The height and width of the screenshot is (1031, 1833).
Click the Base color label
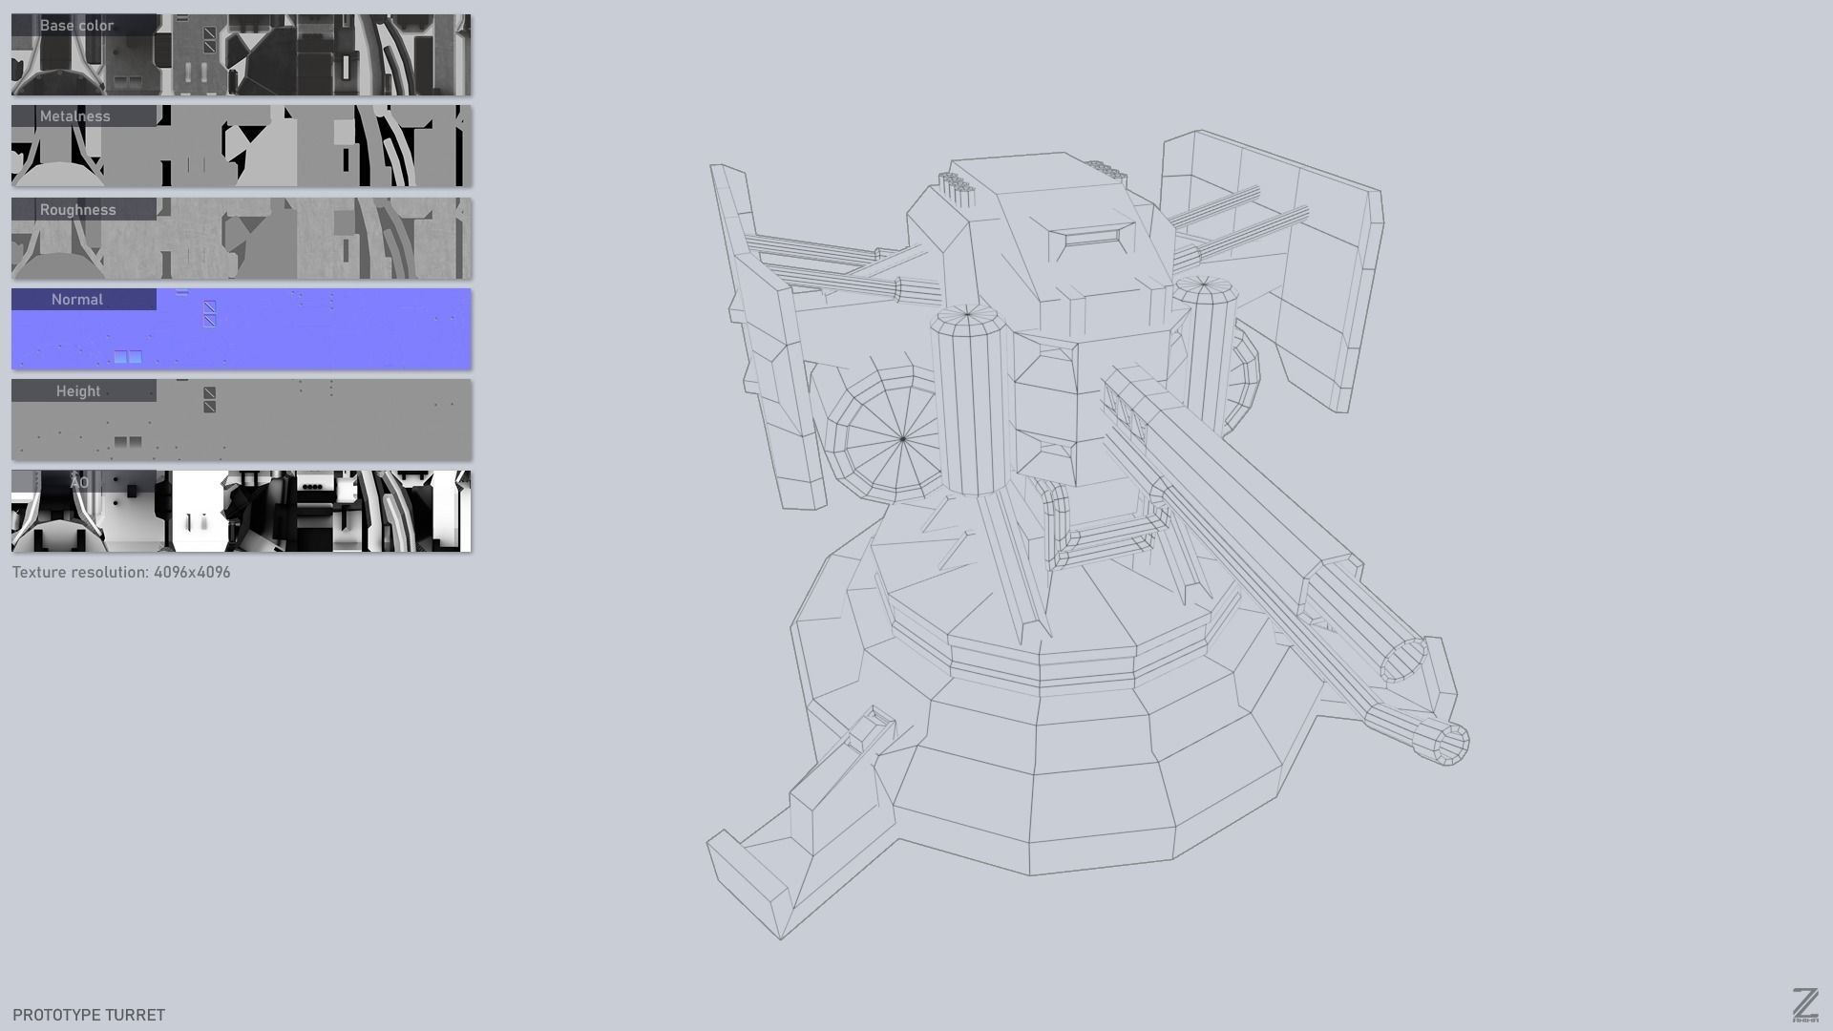(x=76, y=26)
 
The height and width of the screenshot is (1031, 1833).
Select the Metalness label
(x=75, y=116)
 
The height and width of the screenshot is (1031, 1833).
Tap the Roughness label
(x=77, y=210)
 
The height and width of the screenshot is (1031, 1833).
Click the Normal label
(x=77, y=300)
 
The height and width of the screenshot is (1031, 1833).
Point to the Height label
(x=78, y=391)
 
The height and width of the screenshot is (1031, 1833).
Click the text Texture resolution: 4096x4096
(x=121, y=573)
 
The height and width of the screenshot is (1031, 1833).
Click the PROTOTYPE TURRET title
(x=89, y=1015)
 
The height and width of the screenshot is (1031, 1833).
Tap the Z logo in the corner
(x=1804, y=1005)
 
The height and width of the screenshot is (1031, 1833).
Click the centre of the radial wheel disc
(x=903, y=439)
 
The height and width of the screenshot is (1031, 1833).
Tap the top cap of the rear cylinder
(x=1204, y=284)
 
